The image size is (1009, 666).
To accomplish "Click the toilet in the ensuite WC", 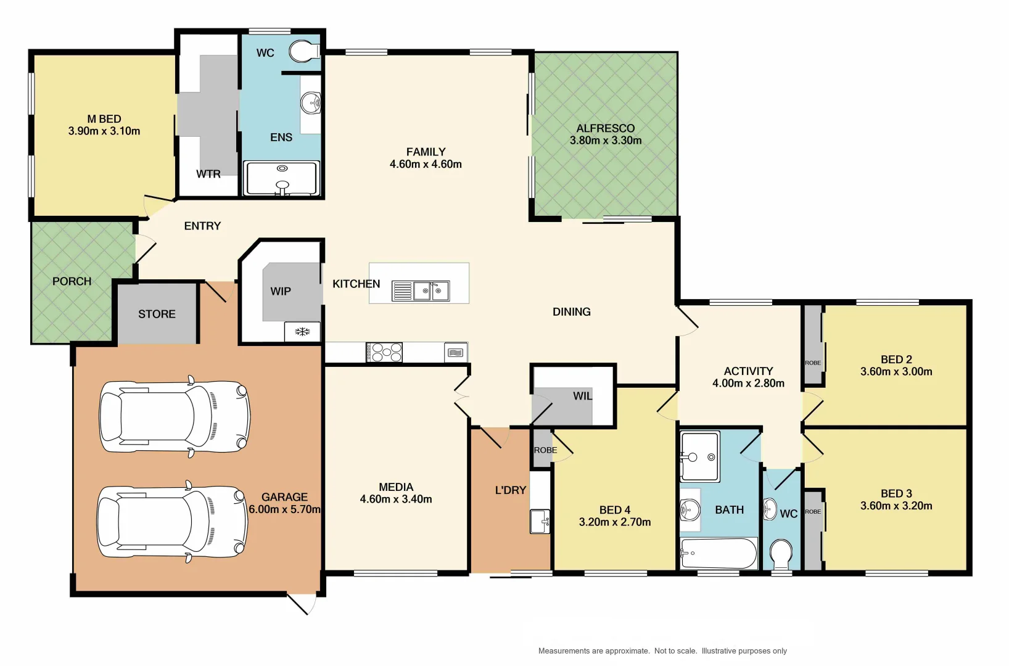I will [x=302, y=52].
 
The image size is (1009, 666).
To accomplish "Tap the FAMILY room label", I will [x=426, y=152].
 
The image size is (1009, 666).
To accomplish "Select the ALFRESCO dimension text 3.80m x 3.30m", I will [x=606, y=141].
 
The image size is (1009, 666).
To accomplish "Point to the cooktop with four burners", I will [x=384, y=353].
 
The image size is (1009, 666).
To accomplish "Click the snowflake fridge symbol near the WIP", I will [x=302, y=332].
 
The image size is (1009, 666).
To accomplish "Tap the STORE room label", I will [x=157, y=314].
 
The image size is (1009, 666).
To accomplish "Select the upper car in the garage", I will [x=175, y=416].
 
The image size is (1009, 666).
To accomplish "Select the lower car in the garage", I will [x=173, y=522].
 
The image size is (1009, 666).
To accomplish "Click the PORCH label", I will [x=72, y=281].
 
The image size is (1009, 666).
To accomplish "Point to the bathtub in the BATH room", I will [x=719, y=553].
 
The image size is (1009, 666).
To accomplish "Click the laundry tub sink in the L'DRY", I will [x=540, y=521].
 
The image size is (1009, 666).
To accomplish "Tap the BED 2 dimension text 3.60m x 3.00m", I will [x=896, y=372].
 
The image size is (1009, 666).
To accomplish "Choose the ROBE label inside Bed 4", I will [x=545, y=450].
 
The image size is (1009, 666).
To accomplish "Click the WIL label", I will [x=582, y=396].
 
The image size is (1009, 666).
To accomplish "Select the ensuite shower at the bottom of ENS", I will [x=282, y=178].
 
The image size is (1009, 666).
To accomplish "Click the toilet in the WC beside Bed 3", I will [x=781, y=554].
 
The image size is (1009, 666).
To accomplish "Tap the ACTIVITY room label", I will [x=748, y=371].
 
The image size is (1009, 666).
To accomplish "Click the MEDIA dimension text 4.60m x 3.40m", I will [x=396, y=499].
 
